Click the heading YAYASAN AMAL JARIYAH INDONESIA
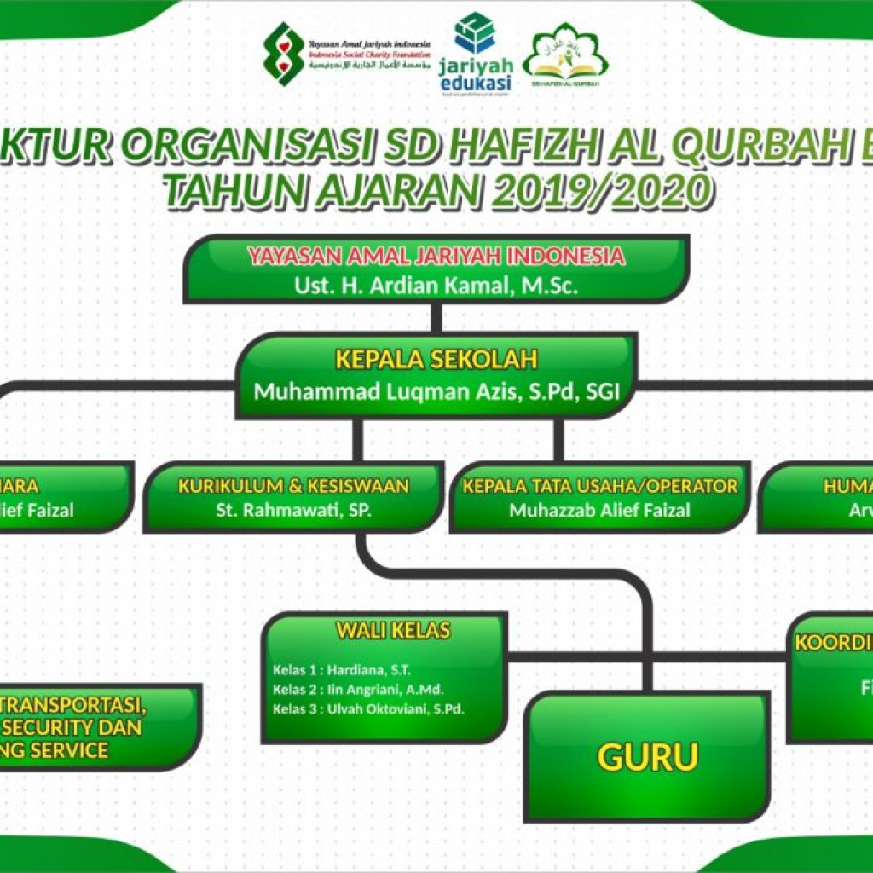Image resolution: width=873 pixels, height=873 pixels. (436, 256)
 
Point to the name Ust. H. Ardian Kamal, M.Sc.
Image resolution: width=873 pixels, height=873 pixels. (436, 286)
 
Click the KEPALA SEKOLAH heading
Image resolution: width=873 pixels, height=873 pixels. (436, 359)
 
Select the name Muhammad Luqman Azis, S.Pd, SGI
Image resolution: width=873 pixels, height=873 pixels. (436, 393)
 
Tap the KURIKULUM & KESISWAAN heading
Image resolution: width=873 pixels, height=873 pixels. (293, 486)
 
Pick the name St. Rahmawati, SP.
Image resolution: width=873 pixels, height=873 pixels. (293, 511)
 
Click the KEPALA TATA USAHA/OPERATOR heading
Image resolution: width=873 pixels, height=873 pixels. (599, 486)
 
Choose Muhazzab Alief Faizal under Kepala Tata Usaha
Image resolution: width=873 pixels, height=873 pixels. (599, 511)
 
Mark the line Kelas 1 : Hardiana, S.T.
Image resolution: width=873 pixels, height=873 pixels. (341, 670)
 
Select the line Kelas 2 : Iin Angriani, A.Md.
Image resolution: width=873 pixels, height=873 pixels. (358, 690)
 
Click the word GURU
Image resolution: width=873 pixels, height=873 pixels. (648, 756)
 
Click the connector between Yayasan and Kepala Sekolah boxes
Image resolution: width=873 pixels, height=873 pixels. (436, 317)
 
